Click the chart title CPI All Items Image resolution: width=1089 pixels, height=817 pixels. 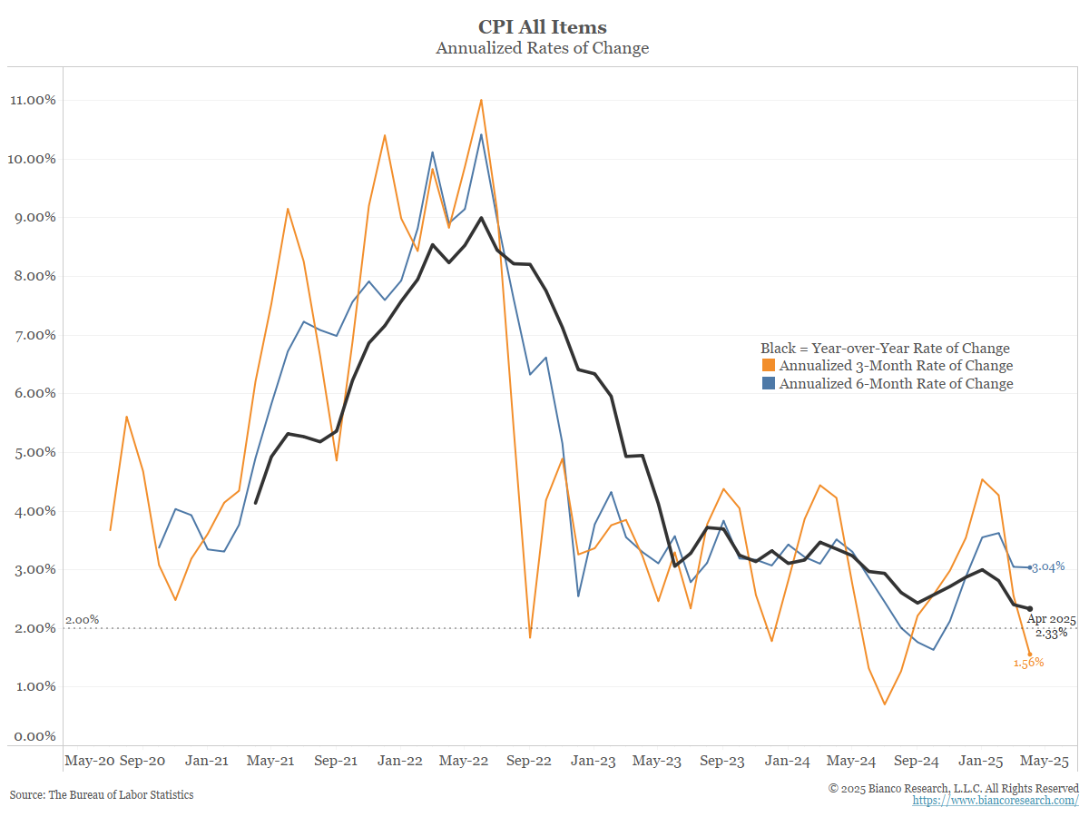point(543,27)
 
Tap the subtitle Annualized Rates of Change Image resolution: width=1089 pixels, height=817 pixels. point(543,48)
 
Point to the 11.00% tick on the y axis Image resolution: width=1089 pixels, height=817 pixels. point(34,100)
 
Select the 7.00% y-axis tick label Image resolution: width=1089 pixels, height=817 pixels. point(34,335)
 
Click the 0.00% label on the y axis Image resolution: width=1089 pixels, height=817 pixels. point(34,736)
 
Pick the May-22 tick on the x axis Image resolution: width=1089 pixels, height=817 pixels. point(464,761)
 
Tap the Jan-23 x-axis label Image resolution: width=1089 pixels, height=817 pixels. point(594,761)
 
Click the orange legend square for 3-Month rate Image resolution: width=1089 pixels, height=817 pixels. point(768,366)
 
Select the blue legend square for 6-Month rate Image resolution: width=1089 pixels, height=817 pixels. point(768,384)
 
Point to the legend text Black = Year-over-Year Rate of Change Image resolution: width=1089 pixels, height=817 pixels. point(885,349)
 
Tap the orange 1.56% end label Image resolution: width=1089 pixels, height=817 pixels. point(1028,663)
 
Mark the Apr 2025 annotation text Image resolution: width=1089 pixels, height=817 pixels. point(1051,619)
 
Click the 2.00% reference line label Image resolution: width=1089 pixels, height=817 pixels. point(83,620)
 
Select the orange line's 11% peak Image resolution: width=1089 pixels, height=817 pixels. point(481,100)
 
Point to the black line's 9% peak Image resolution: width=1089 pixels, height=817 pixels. point(481,218)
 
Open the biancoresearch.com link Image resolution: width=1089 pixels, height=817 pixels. point(996,801)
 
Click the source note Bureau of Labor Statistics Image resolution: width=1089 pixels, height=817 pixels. point(102,795)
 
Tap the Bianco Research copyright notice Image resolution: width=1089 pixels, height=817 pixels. point(954,788)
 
